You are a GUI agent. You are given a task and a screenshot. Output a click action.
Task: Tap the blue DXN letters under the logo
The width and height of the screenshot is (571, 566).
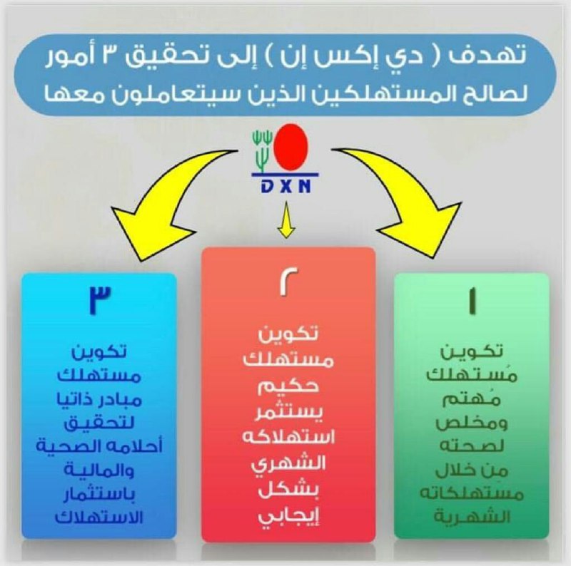(286, 187)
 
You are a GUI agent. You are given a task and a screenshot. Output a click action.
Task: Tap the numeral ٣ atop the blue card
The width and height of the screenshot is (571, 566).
(100, 299)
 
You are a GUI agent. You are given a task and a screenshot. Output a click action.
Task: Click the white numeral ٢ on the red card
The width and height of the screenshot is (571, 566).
(288, 281)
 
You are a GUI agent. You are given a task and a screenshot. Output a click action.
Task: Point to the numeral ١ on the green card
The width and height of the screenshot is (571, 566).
(473, 300)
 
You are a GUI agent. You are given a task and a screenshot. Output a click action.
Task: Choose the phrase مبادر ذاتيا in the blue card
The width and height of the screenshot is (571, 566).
(99, 400)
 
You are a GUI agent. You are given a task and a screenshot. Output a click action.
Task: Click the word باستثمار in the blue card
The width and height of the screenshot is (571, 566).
(99, 494)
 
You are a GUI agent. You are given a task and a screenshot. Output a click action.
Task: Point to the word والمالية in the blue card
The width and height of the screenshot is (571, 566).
(99, 470)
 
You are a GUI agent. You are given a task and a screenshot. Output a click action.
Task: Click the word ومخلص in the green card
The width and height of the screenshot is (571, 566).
(472, 423)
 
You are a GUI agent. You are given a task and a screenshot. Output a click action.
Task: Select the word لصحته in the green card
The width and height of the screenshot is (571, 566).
(472, 446)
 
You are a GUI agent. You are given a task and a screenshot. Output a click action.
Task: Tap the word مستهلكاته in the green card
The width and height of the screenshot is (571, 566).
(472, 493)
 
